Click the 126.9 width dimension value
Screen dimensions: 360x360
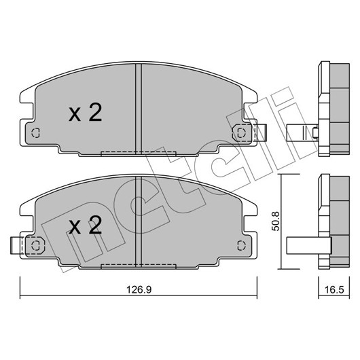coord(139,290)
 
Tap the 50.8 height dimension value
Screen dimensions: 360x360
coord(276,221)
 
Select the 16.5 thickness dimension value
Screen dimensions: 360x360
coord(334,290)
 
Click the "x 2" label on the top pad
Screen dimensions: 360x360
coord(85,112)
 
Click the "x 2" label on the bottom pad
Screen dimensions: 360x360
coord(85,226)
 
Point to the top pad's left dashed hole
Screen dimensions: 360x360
coord(35,132)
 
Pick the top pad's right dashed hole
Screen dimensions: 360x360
coord(241,132)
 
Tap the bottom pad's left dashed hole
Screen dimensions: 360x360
coord(35,246)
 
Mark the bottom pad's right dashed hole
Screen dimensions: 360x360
coord(241,246)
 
